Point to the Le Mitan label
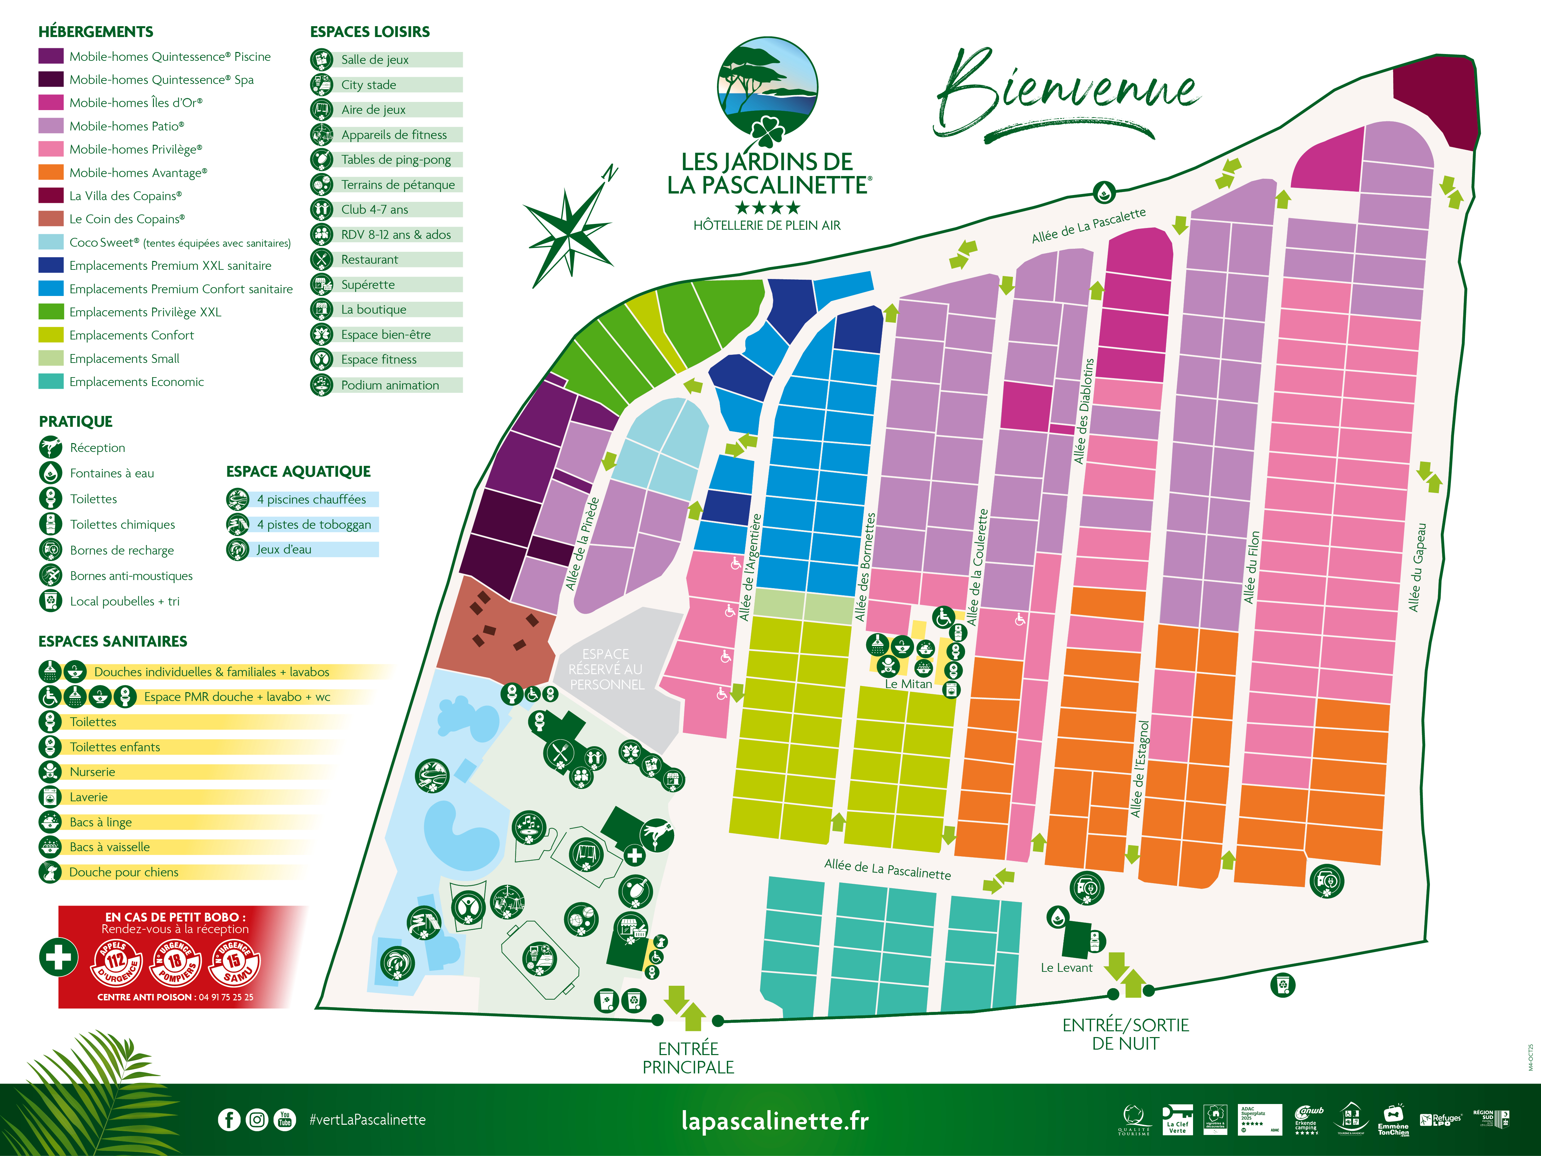pyautogui.click(x=908, y=684)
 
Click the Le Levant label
pyautogui.click(x=1066, y=968)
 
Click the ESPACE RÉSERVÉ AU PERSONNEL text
pyautogui.click(x=606, y=669)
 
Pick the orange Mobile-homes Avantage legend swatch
pyautogui.click(x=51, y=172)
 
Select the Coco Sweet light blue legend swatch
pyautogui.click(x=51, y=242)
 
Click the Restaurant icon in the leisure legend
pyautogui.click(x=321, y=259)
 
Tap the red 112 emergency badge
pyautogui.click(x=116, y=962)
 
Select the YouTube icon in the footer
pyautogui.click(x=284, y=1120)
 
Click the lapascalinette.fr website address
pyautogui.click(x=775, y=1120)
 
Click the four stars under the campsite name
pyautogui.click(x=767, y=207)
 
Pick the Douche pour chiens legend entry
pyautogui.click(x=123, y=872)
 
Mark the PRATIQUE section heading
pyautogui.click(x=75, y=422)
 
